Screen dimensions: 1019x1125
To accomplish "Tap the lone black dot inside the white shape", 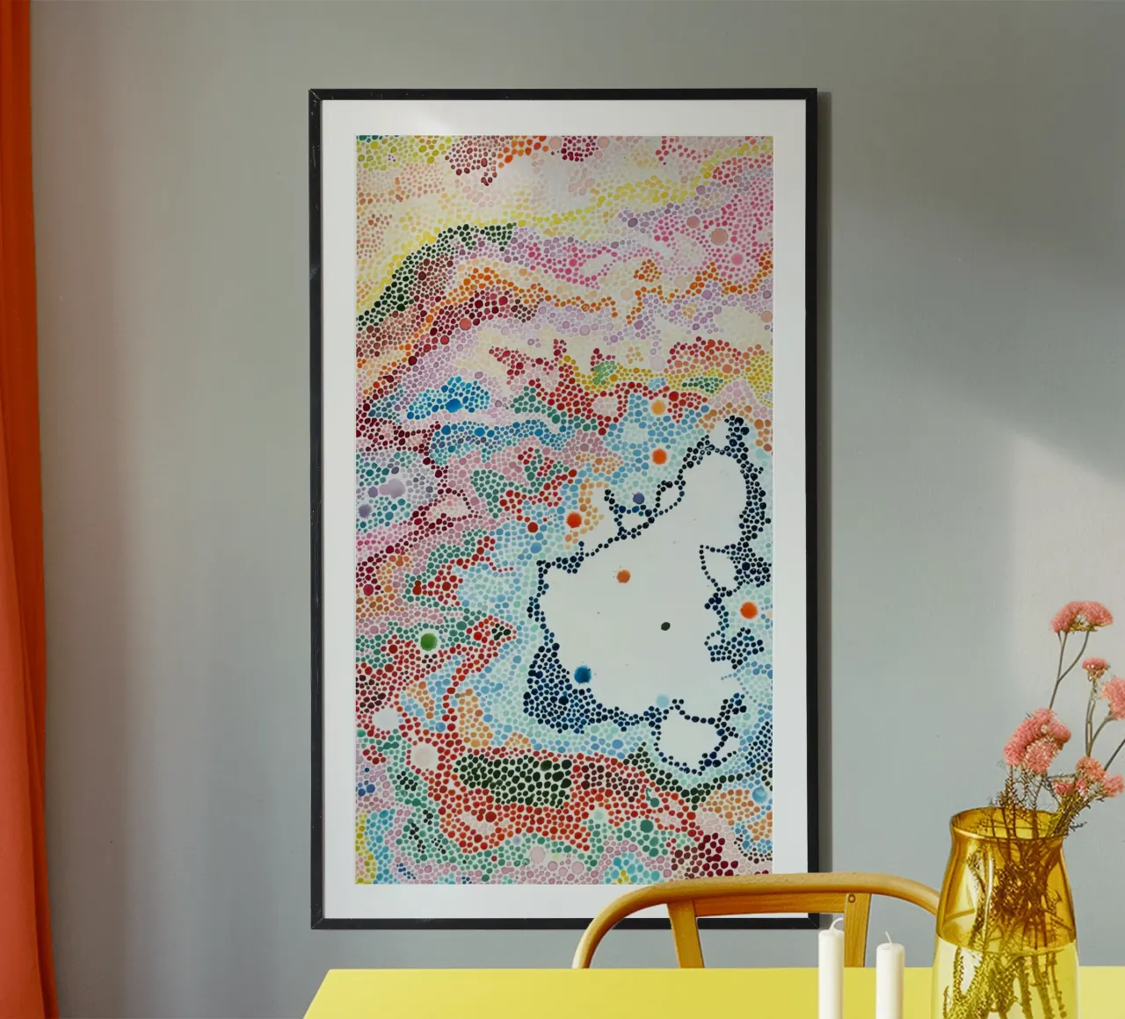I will coord(664,626).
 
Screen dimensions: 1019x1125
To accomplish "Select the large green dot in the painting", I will coord(429,640).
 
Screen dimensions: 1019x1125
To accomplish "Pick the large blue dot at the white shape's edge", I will coord(582,675).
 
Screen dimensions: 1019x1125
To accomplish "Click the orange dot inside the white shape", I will coord(623,576).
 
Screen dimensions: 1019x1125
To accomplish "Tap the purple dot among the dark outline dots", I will coord(639,499).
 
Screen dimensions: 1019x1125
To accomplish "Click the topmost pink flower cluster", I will coord(1080,615).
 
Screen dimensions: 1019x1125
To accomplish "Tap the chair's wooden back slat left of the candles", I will coord(680,931).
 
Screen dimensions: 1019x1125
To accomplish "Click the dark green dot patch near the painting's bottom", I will coord(519,773).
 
